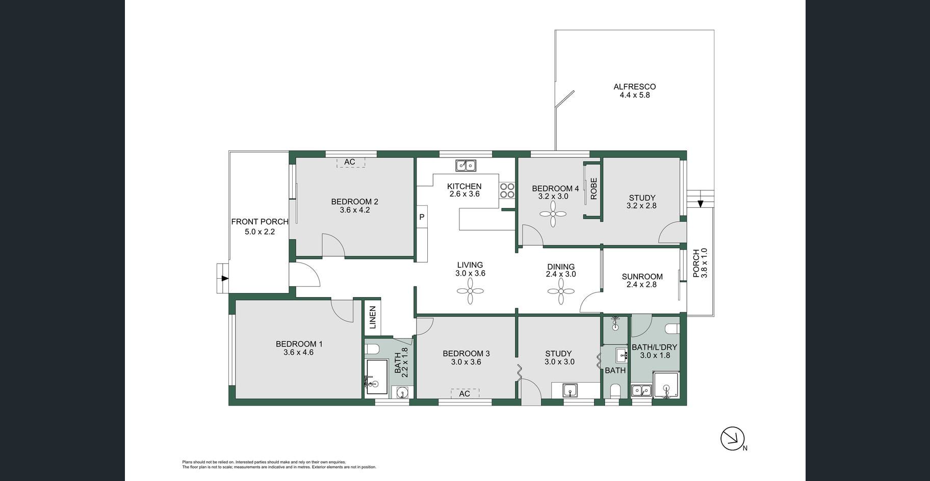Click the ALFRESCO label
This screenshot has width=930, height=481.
pyautogui.click(x=634, y=87)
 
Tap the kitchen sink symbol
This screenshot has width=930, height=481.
pyautogui.click(x=466, y=165)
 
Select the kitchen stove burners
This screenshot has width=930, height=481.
pyautogui.click(x=507, y=191)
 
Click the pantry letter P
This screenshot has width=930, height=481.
pyautogui.click(x=422, y=217)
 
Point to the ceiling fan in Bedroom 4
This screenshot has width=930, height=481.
pyautogui.click(x=553, y=213)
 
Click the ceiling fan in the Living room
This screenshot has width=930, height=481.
pyautogui.click(x=470, y=291)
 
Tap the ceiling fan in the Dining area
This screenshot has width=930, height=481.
pyautogui.click(x=561, y=291)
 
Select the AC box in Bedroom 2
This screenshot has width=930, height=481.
pyautogui.click(x=350, y=163)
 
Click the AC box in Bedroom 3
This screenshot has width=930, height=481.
pyautogui.click(x=464, y=393)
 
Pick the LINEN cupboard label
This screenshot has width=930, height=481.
pyautogui.click(x=372, y=317)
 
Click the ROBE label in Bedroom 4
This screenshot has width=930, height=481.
pyautogui.click(x=593, y=189)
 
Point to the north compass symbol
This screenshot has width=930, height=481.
pyautogui.click(x=733, y=439)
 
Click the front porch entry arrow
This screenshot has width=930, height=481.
pyautogui.click(x=225, y=278)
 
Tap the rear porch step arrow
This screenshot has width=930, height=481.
pyautogui.click(x=701, y=203)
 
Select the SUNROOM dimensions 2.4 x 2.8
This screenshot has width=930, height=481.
pyautogui.click(x=642, y=285)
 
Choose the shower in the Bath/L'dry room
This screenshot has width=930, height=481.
pyautogui.click(x=666, y=385)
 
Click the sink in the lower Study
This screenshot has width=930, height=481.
pyautogui.click(x=571, y=390)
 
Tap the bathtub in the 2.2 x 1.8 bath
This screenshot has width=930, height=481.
pyautogui.click(x=377, y=377)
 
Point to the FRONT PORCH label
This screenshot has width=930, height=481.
pyautogui.click(x=260, y=222)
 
